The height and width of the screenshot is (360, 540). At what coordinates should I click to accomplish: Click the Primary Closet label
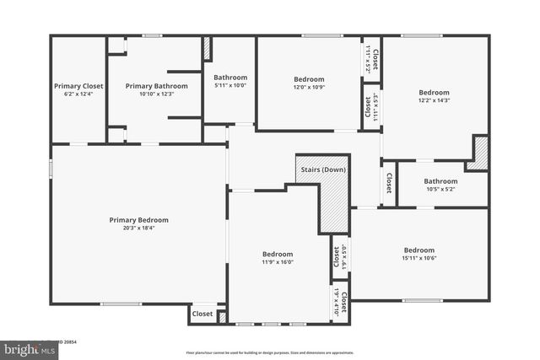78,86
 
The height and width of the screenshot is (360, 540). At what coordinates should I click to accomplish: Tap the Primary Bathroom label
156,86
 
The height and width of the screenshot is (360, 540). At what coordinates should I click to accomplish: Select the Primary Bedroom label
138,220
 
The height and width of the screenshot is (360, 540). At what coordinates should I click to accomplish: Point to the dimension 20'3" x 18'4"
138,228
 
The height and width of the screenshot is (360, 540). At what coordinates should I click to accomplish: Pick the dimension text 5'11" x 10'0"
229,85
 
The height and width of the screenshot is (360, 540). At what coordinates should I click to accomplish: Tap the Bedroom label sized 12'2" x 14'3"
434,93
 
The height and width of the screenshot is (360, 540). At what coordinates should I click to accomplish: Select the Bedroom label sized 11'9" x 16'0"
277,255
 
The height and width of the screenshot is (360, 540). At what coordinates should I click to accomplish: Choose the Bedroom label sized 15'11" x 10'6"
418,250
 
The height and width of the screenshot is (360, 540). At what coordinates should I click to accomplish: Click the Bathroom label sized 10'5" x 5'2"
440,181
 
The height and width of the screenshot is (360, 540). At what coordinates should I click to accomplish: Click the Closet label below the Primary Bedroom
202,314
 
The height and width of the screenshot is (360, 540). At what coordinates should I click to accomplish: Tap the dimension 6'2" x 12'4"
78,94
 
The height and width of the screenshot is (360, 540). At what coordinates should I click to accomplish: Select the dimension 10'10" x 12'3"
156,94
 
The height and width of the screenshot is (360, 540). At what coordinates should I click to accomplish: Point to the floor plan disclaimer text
270,352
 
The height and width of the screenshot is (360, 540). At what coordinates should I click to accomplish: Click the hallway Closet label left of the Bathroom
388,182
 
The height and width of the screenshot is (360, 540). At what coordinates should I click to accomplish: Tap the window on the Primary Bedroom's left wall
51,169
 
